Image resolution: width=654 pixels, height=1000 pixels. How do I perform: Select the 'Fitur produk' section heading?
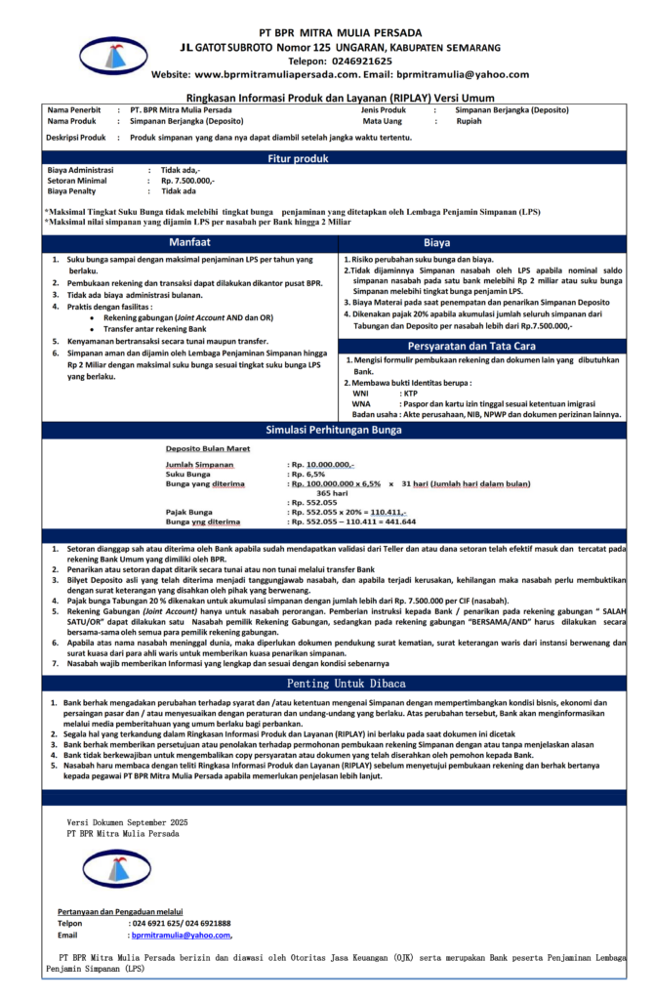click(326, 158)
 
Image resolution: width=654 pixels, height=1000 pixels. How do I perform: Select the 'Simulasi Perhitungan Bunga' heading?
click(326, 430)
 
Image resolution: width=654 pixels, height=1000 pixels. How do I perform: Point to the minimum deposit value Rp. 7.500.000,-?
click(187, 182)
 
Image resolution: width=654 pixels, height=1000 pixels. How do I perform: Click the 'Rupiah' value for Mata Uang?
click(469, 122)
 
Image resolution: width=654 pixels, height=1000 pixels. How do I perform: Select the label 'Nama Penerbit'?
click(74, 110)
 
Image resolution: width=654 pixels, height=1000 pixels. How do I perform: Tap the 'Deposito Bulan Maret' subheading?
click(207, 449)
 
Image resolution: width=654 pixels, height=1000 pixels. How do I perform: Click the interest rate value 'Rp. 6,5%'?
click(306, 474)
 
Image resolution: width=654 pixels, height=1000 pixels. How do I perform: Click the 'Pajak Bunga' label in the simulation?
click(189, 512)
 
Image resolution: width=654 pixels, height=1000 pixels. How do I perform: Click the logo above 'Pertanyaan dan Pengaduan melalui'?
click(117, 868)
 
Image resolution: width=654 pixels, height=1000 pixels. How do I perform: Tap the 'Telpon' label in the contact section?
click(70, 923)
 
